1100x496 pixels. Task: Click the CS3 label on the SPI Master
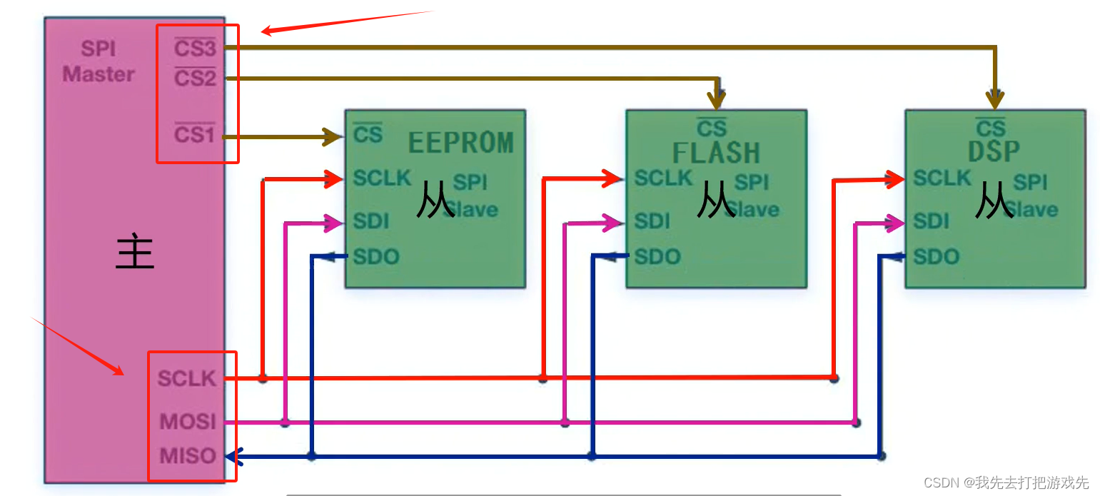point(195,49)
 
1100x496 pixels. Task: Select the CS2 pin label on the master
point(195,77)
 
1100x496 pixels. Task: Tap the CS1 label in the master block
point(195,133)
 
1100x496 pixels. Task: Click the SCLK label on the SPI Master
point(187,378)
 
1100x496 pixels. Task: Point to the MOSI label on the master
point(188,421)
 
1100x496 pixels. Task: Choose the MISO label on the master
point(188,455)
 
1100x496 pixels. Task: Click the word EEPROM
point(460,143)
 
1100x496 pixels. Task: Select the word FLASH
point(716,153)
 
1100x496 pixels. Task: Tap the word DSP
point(994,151)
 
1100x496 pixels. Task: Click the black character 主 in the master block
point(135,253)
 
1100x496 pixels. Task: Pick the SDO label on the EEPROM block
point(376,256)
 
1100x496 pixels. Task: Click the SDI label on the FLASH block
point(652,221)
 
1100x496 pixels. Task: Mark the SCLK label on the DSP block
point(942,178)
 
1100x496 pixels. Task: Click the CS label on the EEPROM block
point(368,133)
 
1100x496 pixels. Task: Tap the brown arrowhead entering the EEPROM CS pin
point(333,136)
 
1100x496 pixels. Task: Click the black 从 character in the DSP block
point(994,202)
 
